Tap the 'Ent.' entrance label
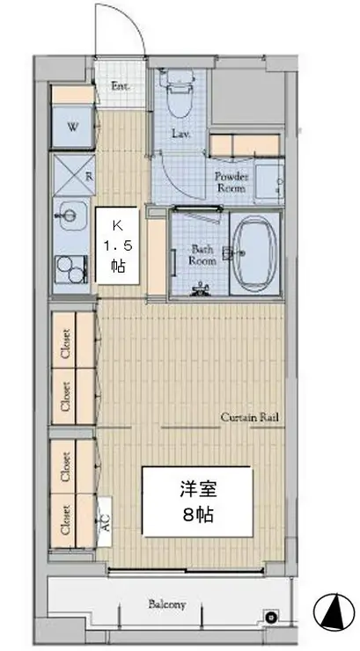tap(121, 86)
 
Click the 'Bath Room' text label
tap(203, 255)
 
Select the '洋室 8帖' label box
tap(198, 501)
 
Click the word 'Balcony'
tap(166, 604)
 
